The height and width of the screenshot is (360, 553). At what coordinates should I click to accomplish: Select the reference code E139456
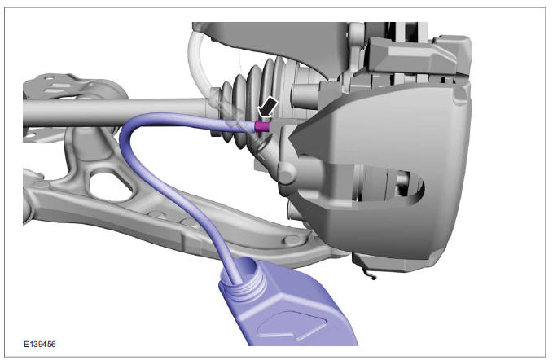[40, 344]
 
